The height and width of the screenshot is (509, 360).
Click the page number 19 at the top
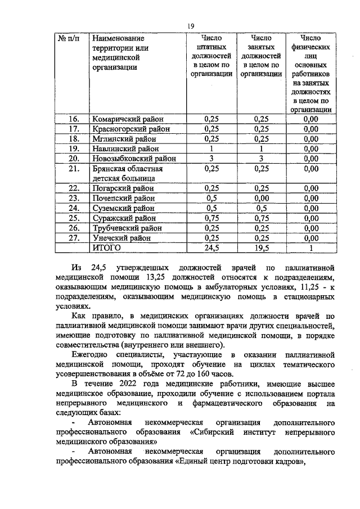190,26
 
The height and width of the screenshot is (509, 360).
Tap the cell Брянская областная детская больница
128,173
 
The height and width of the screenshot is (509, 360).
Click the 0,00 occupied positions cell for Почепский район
260,198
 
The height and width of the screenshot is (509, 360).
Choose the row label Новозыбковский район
135,159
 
